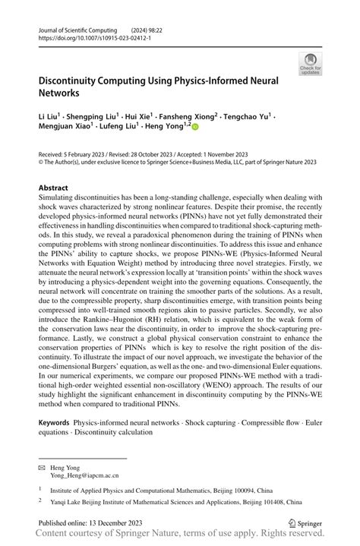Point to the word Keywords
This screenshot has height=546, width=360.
click(x=56, y=419)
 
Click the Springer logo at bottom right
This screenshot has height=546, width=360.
click(x=305, y=524)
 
